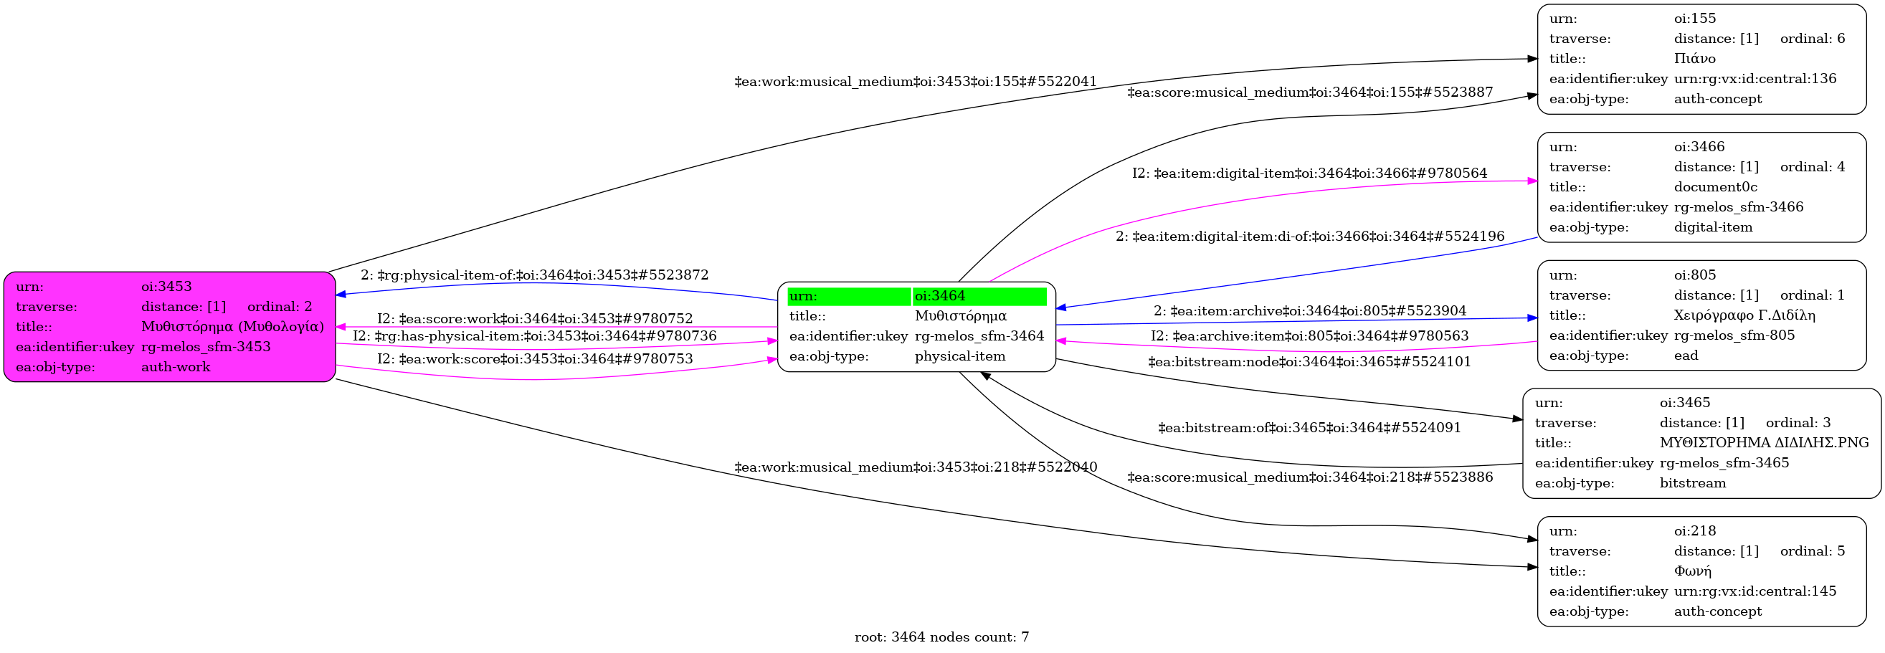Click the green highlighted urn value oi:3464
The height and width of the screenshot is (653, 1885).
click(x=939, y=296)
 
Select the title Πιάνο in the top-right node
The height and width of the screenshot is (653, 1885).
click(x=1695, y=59)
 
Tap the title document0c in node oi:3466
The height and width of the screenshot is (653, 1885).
click(x=1715, y=187)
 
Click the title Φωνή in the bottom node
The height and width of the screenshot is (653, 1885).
click(x=1693, y=571)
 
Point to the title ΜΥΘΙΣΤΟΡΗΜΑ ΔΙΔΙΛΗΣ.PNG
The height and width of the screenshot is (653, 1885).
click(x=1765, y=442)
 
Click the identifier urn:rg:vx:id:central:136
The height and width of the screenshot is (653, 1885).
click(x=1755, y=79)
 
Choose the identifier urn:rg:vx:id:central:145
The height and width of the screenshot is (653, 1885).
click(x=1755, y=591)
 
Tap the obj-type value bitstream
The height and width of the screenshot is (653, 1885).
click(x=1693, y=483)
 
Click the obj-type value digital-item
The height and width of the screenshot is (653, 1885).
click(x=1713, y=227)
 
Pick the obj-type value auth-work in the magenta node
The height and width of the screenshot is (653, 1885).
click(x=176, y=367)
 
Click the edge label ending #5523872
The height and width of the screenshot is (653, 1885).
click(x=534, y=275)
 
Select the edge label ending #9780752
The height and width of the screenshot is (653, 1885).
click(x=535, y=319)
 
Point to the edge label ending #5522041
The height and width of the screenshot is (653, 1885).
click(x=916, y=82)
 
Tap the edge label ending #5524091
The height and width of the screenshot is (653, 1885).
click(x=1309, y=428)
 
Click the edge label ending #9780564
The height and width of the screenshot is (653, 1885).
click(x=1310, y=173)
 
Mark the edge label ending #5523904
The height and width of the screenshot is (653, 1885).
click(x=1310, y=311)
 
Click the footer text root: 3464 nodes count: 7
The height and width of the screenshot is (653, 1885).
click(x=941, y=637)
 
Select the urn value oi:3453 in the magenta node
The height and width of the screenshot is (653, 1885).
click(x=166, y=287)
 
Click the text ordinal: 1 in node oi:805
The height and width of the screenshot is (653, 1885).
click(x=1813, y=295)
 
